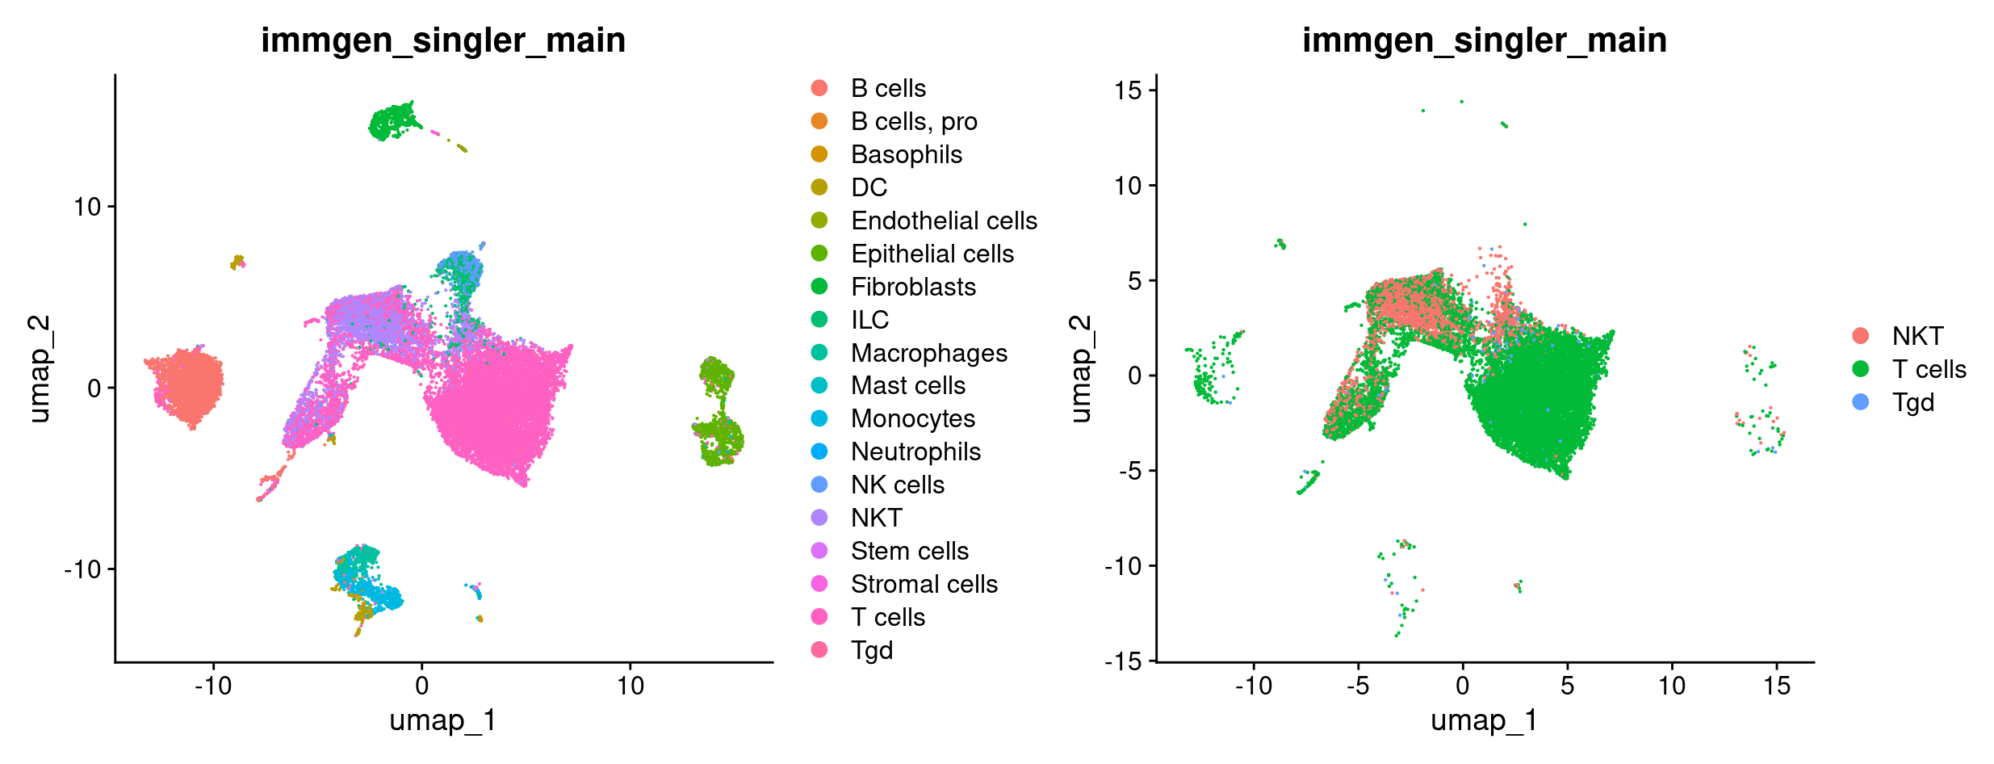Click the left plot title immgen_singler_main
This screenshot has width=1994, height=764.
point(443,40)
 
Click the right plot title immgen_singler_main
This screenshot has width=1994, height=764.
point(1484,40)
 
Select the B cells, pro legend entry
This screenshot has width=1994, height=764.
point(913,121)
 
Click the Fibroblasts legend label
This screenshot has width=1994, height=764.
point(913,287)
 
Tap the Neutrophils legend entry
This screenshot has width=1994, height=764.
point(915,451)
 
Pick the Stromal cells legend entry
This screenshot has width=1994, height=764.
point(924,584)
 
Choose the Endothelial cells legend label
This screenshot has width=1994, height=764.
point(944,220)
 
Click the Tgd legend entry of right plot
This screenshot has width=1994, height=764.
point(1912,402)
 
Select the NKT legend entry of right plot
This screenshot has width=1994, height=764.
point(1917,336)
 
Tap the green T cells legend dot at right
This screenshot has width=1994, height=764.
point(1861,369)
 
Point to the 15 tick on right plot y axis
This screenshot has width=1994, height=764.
point(1128,90)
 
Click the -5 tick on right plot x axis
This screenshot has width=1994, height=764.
point(1358,686)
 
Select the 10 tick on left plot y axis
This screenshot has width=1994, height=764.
point(87,207)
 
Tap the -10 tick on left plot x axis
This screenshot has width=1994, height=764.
point(213,686)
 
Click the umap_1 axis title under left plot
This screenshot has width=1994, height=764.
point(443,720)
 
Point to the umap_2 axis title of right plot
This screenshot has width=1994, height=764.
point(1080,369)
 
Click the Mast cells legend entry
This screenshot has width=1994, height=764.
point(907,385)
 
